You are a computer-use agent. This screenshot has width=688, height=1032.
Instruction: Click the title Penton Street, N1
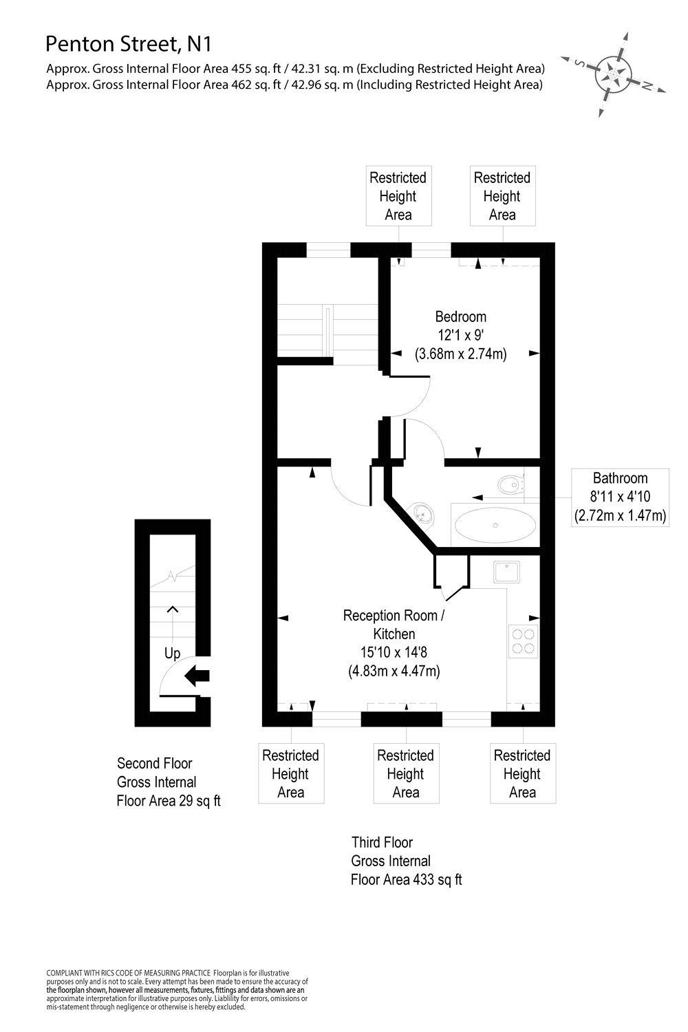coord(129,45)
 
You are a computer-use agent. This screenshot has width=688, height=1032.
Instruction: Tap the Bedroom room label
coord(460,316)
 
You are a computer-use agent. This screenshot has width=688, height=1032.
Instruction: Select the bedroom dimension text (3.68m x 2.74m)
coord(460,355)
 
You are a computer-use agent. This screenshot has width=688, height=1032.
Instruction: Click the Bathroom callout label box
coord(620,497)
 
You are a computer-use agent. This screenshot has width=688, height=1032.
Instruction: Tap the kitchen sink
coord(506,571)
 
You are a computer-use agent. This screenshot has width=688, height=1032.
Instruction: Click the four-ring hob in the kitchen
coord(523,641)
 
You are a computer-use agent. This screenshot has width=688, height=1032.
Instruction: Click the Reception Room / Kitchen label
coord(394,624)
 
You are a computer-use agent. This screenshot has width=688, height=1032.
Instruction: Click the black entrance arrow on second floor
coord(197,676)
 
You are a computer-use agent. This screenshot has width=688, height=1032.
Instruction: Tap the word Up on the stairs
coord(172,653)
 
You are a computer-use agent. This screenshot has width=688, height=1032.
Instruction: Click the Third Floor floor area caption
coord(406,861)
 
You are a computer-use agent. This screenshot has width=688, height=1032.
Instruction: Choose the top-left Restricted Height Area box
coord(398,196)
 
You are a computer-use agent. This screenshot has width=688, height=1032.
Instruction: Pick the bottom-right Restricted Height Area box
coord(522,774)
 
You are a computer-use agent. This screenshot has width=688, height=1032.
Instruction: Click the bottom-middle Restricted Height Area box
coord(405,774)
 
